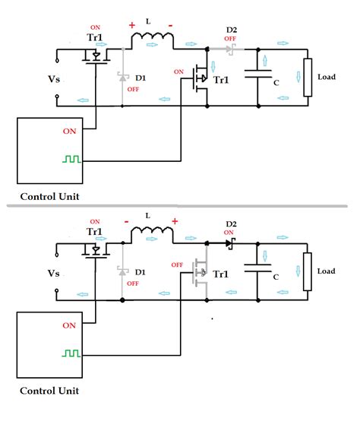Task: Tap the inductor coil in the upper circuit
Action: pyautogui.click(x=153, y=41)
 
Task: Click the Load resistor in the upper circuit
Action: pyautogui.click(x=308, y=78)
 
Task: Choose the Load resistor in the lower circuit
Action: pyautogui.click(x=308, y=271)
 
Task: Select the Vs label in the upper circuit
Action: pyautogui.click(x=54, y=79)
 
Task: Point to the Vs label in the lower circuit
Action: pyautogui.click(x=54, y=273)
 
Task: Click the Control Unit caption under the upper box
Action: pyautogui.click(x=50, y=196)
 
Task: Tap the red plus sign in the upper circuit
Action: pyautogui.click(x=132, y=25)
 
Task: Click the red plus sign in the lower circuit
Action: pyautogui.click(x=175, y=220)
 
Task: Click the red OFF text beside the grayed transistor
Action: pyautogui.click(x=177, y=265)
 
